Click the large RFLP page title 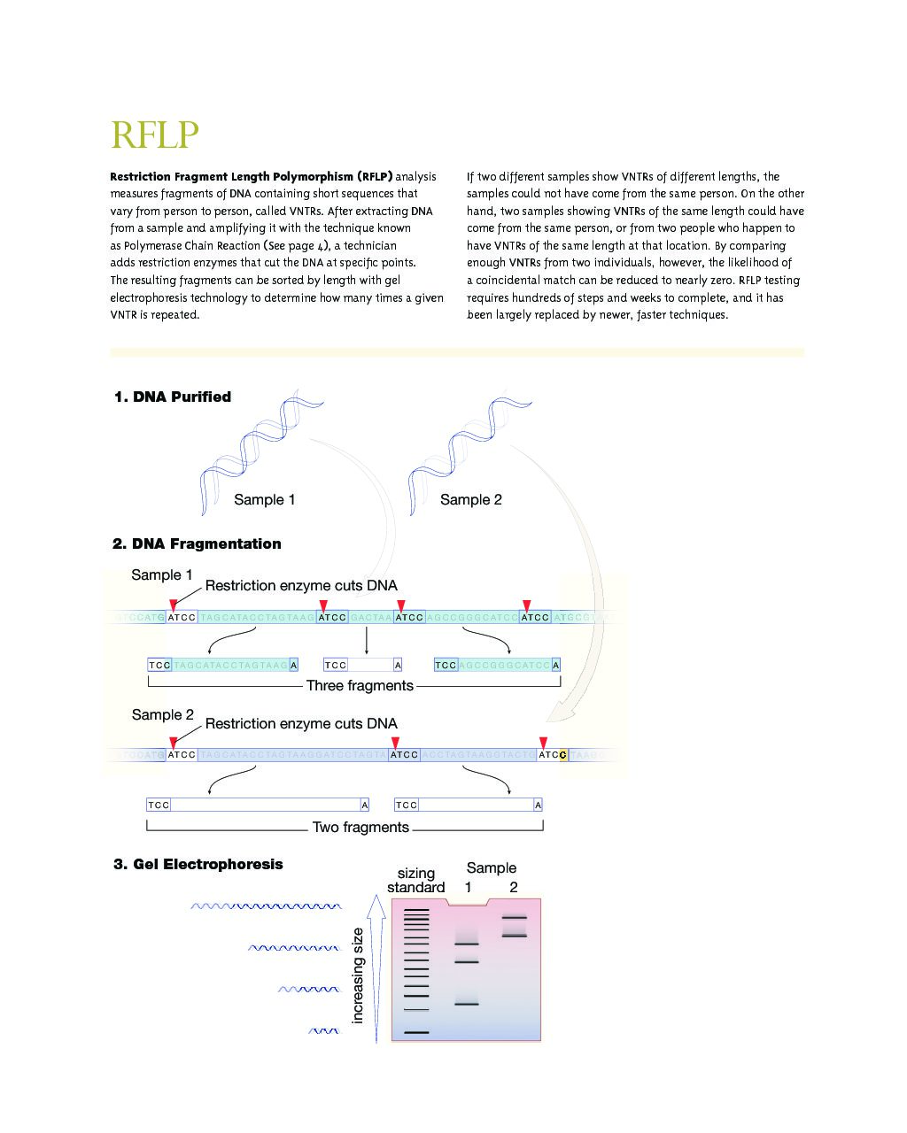pyautogui.click(x=154, y=135)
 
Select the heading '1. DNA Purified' pyautogui.click(x=173, y=397)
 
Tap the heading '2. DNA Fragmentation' pyautogui.click(x=197, y=544)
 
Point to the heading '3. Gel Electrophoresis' pyautogui.click(x=198, y=865)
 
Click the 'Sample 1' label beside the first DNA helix pyautogui.click(x=264, y=500)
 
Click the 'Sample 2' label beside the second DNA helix pyautogui.click(x=470, y=500)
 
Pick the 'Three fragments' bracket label pyautogui.click(x=360, y=686)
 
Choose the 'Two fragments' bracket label pyautogui.click(x=360, y=828)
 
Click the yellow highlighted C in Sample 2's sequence pyautogui.click(x=563, y=755)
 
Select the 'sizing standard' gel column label pyautogui.click(x=415, y=881)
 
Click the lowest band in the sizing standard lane pyautogui.click(x=416, y=1032)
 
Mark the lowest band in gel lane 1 pyautogui.click(x=466, y=1004)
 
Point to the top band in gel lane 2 pyautogui.click(x=514, y=918)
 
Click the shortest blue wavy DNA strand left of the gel pyautogui.click(x=323, y=1031)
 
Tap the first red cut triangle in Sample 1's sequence pyautogui.click(x=174, y=605)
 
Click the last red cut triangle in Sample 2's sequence pyautogui.click(x=543, y=743)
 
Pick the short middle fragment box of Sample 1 pyautogui.click(x=362, y=665)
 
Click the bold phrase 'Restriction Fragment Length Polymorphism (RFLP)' pyautogui.click(x=251, y=177)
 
